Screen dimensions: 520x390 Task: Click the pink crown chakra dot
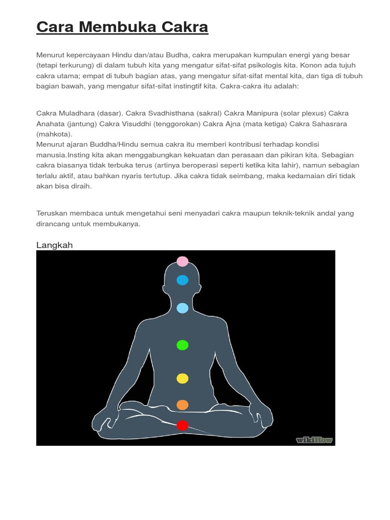tap(182, 262)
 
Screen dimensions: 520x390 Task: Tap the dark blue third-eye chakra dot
tap(182, 280)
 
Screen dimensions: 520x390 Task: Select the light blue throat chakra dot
tap(182, 308)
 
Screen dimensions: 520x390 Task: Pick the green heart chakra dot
tap(182, 345)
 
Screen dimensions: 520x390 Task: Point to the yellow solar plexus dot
tap(182, 378)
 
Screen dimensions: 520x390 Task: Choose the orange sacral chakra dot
tap(182, 405)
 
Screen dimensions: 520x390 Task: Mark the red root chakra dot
tap(182, 426)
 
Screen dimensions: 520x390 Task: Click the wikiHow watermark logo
tap(314, 440)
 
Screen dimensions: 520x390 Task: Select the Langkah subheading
tap(54, 245)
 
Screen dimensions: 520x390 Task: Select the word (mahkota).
tap(54, 134)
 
